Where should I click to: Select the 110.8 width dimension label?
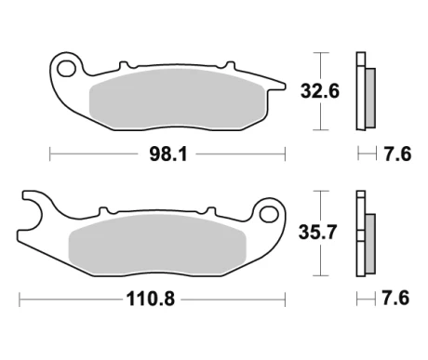(x=152, y=300)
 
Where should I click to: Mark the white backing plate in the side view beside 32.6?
(x=358, y=89)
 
